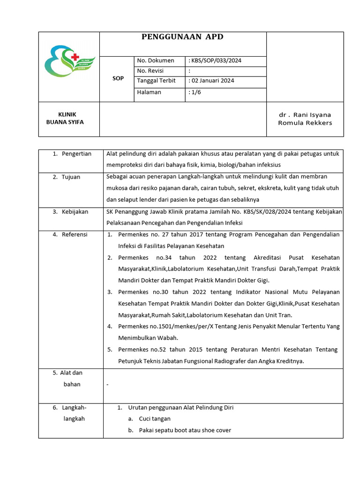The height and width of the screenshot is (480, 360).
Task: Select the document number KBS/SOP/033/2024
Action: pyautogui.click(x=216, y=60)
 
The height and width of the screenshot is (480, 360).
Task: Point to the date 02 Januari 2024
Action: pyautogui.click(x=212, y=81)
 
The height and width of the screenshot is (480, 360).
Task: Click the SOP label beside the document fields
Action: pyautogui.click(x=118, y=78)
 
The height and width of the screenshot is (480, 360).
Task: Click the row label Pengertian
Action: pyautogui.click(x=76, y=154)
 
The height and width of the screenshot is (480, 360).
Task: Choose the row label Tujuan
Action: pyautogui.click(x=71, y=177)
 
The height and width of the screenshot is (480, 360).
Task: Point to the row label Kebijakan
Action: pyautogui.click(x=75, y=212)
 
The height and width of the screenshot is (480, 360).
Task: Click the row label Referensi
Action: pyautogui.click(x=75, y=234)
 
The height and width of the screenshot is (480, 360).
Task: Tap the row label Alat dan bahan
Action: pyautogui.click(x=71, y=379)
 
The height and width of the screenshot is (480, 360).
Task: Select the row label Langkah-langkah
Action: pyautogui.click(x=74, y=413)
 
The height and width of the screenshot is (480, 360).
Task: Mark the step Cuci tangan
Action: pyautogui.click(x=155, y=419)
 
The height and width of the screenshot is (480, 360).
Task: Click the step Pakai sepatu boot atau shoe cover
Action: pyautogui.click(x=185, y=430)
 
